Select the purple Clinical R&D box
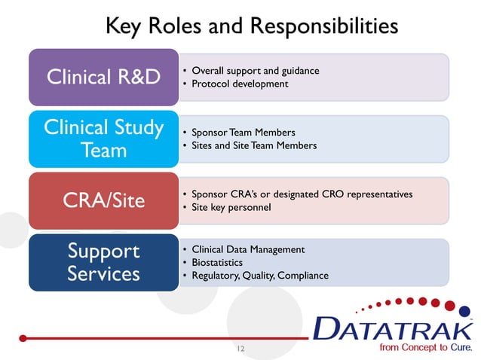point(103,78)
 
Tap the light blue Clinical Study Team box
point(103,139)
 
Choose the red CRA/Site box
point(103,201)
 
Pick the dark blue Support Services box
point(103,262)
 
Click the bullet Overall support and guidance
point(256,71)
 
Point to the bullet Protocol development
point(240,84)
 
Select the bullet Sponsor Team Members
point(244,133)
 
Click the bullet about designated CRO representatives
point(302,194)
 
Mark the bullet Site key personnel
point(231,207)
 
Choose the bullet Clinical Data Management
point(248,249)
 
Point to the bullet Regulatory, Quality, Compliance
point(260,276)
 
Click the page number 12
point(240,349)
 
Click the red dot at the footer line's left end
point(23,338)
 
